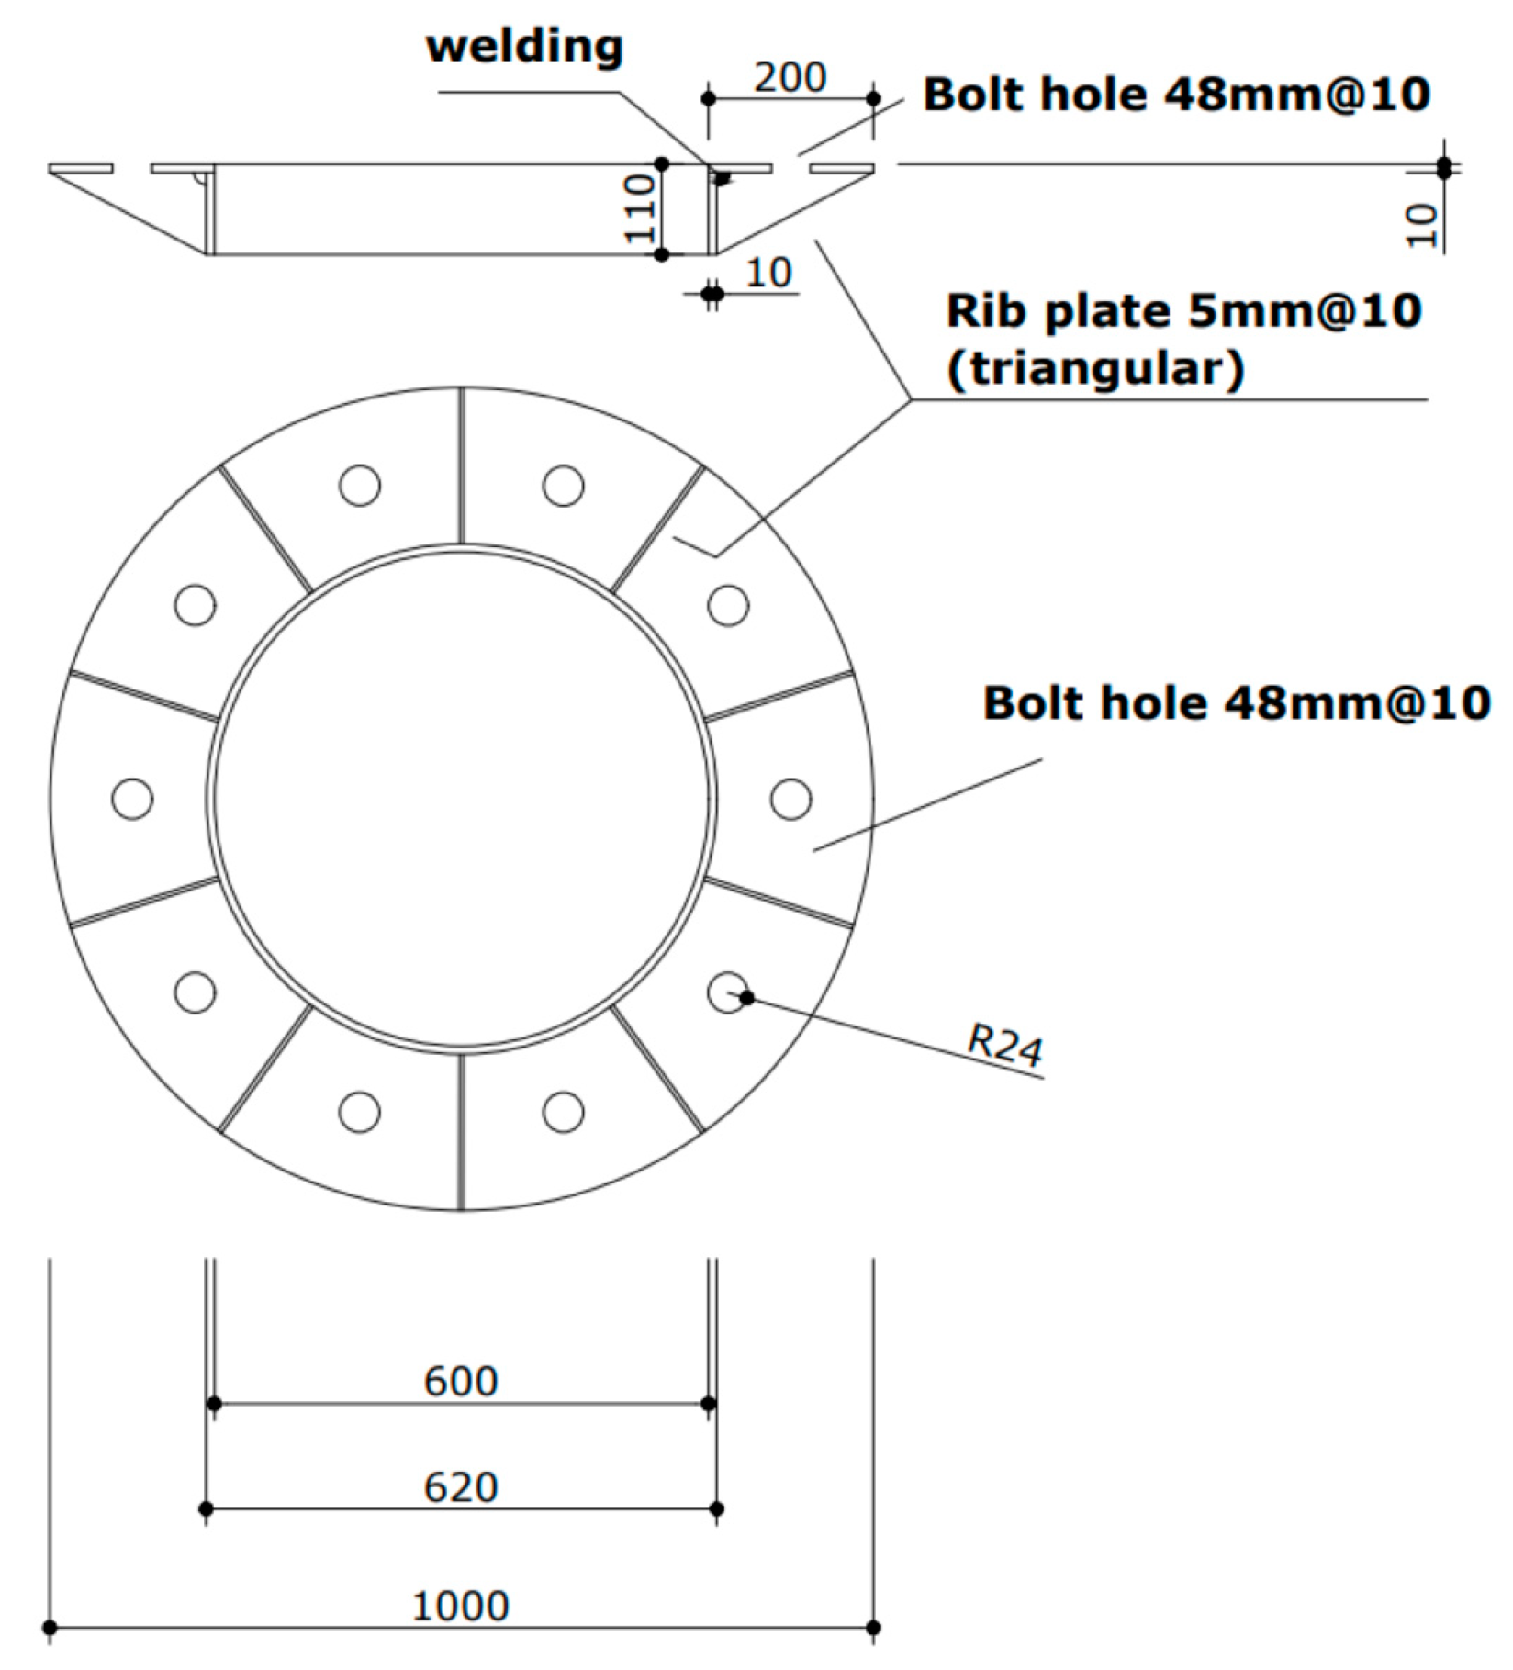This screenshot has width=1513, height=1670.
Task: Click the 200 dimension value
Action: [x=790, y=77]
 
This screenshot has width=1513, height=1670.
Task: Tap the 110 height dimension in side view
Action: [x=640, y=209]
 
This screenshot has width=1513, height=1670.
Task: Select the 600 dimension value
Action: [x=461, y=1381]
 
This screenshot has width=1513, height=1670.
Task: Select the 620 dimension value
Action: [x=461, y=1487]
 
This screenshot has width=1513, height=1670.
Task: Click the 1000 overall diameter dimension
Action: [x=461, y=1606]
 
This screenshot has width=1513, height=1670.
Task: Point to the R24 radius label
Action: [x=1006, y=1046]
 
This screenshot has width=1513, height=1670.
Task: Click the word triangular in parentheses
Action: [x=1096, y=369]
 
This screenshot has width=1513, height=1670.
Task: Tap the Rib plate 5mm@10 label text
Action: [x=1184, y=310]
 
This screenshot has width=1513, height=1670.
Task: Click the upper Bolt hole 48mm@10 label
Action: [x=1176, y=95]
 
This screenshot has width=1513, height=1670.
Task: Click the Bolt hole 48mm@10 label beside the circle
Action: [x=1236, y=703]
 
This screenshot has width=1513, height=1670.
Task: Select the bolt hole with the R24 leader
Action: [x=728, y=992]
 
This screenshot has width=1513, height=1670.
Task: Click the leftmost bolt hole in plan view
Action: [x=132, y=799]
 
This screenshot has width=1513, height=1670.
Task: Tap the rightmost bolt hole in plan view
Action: [x=791, y=799]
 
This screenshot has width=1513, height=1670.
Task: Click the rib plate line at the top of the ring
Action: [x=462, y=465]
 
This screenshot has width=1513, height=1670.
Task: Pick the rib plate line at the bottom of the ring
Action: [x=462, y=1131]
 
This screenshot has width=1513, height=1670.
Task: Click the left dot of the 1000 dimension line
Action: [x=50, y=1628]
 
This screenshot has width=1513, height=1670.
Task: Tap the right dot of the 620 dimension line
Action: [x=717, y=1508]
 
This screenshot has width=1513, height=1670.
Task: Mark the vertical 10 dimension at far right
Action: [x=1421, y=225]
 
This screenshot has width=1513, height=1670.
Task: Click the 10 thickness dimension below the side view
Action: [x=768, y=274]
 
